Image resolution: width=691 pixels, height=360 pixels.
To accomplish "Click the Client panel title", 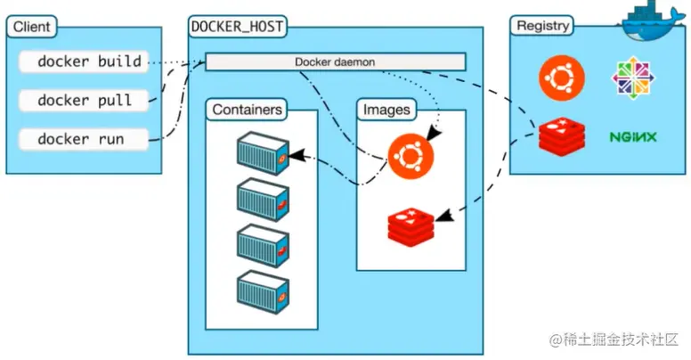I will point(32,26).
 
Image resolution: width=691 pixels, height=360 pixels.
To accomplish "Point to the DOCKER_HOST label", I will point(238,26).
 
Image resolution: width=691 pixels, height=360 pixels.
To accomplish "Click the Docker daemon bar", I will point(336,61).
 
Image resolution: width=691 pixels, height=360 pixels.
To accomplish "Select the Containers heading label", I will point(248,110).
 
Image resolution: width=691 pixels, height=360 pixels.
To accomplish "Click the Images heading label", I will point(387,110).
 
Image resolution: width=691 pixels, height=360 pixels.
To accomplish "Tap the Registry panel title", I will point(542,26).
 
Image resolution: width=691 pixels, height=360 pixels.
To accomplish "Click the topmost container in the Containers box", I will point(262,153).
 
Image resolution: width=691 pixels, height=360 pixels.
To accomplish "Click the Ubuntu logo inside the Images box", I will point(411,155).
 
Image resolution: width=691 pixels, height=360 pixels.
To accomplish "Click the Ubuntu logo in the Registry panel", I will point(561,76).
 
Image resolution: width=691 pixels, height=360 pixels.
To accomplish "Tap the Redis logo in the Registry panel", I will point(562,136).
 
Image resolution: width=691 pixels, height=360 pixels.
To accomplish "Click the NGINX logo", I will point(634,137).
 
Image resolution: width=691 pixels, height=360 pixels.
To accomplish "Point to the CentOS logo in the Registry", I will point(633,78).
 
